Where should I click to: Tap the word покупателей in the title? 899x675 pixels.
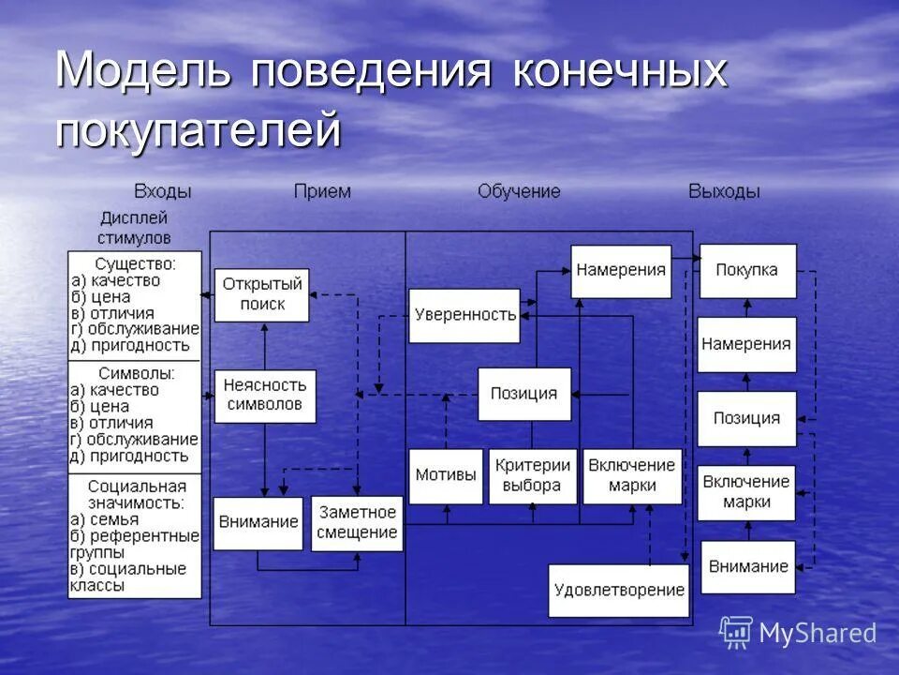[198, 131]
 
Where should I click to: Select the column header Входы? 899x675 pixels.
[162, 191]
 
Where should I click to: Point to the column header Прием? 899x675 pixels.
[322, 191]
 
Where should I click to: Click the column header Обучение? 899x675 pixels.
[519, 191]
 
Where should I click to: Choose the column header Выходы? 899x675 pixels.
[724, 191]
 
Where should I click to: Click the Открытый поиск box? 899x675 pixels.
[262, 294]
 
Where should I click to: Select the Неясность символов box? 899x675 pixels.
[265, 396]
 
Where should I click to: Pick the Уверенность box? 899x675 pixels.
[464, 315]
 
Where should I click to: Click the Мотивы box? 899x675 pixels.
[446, 475]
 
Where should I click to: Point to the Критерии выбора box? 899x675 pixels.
[532, 475]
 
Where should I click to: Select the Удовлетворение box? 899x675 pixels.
[619, 591]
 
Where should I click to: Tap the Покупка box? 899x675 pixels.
[747, 271]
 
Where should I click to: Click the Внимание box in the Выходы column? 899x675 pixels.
[747, 566]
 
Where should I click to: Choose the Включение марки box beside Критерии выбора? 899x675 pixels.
[632, 475]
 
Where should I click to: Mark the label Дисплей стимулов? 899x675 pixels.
[134, 228]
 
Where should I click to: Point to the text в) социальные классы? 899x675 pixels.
[128, 577]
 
